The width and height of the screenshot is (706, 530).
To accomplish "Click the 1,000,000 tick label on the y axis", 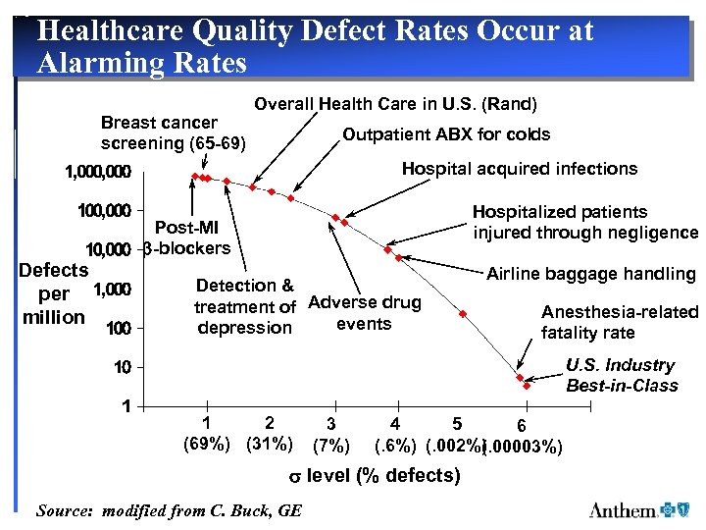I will click(x=97, y=173).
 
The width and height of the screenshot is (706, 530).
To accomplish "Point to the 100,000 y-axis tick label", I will click(x=104, y=211).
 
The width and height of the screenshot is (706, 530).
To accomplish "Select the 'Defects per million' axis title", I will click(x=55, y=293).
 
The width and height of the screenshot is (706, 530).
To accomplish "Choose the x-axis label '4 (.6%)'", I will click(x=395, y=435).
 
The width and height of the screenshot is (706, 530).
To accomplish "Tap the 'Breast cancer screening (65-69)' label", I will click(x=174, y=132).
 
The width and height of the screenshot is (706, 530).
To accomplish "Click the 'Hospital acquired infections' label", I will click(x=519, y=169).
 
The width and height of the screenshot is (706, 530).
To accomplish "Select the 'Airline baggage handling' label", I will click(x=590, y=275).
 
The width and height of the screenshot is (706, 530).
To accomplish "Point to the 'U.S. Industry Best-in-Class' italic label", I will click(x=622, y=375).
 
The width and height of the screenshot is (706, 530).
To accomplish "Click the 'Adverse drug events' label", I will click(x=365, y=313).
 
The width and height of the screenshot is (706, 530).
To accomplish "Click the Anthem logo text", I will click(x=623, y=509).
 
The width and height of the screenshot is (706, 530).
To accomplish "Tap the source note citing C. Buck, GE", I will click(x=169, y=510).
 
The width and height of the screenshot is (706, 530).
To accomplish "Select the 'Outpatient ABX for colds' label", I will click(x=446, y=134).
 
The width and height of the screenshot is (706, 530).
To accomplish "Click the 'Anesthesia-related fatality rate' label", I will click(x=619, y=322).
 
